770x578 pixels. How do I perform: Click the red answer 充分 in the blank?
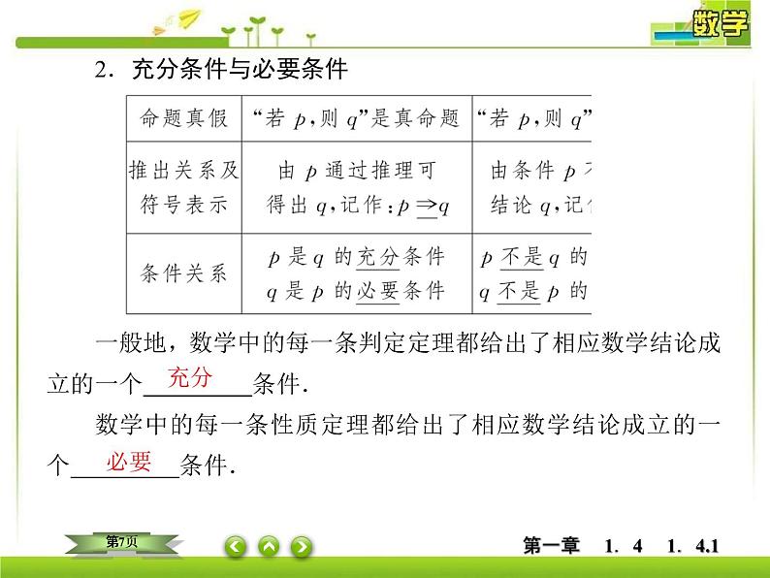[190, 378]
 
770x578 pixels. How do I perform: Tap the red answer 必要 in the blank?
[130, 463]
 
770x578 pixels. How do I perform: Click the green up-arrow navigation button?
[269, 547]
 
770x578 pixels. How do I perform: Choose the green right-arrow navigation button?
[302, 547]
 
